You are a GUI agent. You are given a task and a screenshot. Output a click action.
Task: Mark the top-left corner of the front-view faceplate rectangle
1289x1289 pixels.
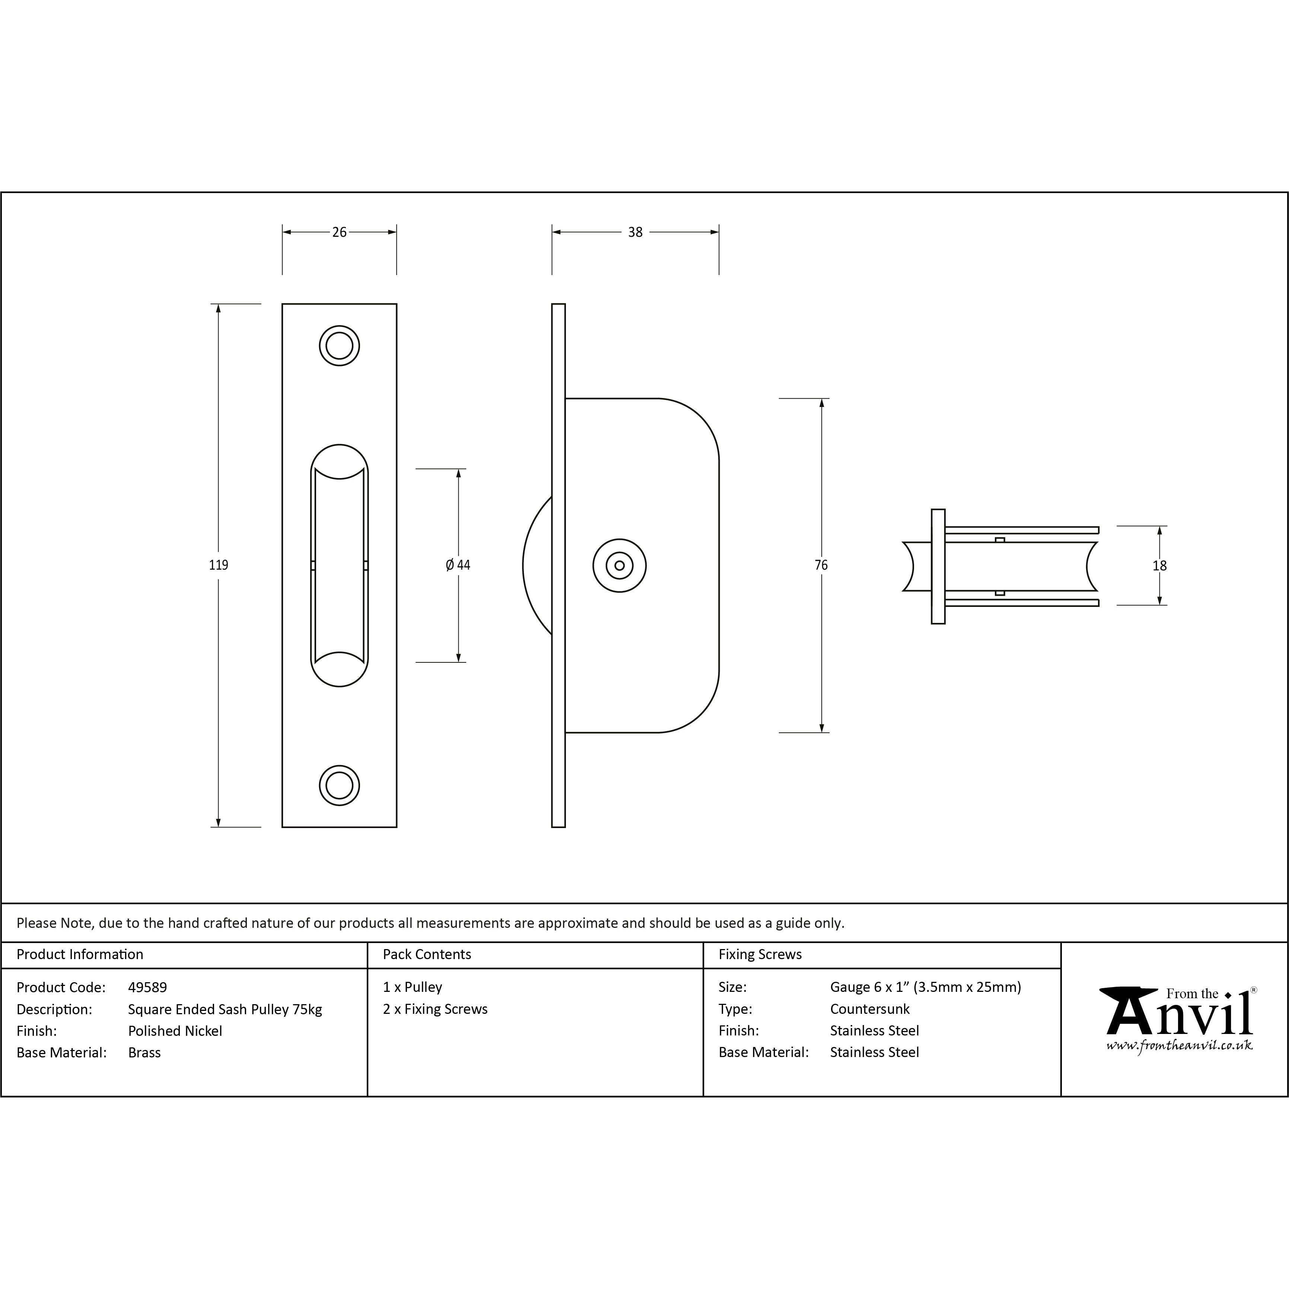[x=282, y=304]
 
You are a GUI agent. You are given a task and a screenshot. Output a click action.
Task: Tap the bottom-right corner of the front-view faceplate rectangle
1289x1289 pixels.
[x=397, y=827]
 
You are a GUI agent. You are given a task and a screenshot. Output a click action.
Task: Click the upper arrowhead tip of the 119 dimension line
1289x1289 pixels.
[x=218, y=304]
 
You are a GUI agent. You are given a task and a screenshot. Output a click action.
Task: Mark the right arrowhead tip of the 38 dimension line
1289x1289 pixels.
[x=719, y=232]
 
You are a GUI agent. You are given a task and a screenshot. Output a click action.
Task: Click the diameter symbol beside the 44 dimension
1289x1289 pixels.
[x=450, y=565]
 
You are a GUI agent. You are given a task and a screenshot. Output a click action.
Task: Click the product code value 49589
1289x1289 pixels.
[x=147, y=987]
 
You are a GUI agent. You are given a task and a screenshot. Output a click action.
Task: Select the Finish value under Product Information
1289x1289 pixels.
[x=175, y=1031]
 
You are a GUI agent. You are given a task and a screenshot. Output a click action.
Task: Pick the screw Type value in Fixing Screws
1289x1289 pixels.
[x=869, y=1009]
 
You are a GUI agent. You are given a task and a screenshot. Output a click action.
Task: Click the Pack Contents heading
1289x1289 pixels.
[x=427, y=954]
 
